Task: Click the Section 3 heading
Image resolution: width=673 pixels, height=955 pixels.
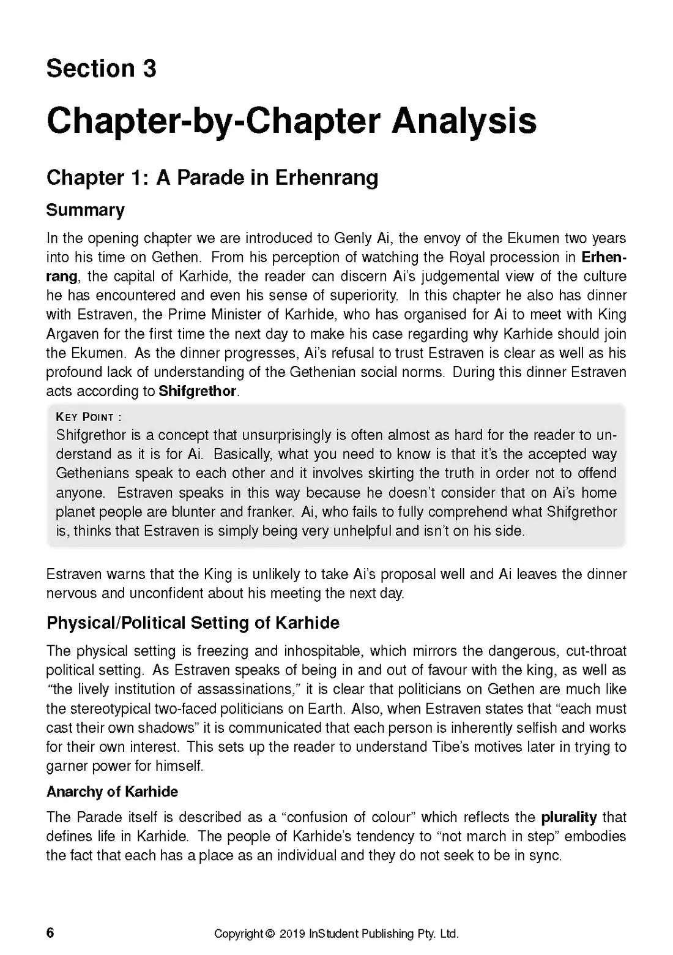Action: [101, 69]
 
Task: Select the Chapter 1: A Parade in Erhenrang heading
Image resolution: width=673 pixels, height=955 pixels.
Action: [212, 178]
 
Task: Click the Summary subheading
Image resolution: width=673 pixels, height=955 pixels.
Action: [85, 210]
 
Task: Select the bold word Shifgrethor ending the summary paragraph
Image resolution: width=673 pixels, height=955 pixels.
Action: [197, 391]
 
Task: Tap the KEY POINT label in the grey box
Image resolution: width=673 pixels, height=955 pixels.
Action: [88, 418]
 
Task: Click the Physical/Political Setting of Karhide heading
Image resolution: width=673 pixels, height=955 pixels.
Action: [193, 623]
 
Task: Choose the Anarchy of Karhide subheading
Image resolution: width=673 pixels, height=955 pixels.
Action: [112, 792]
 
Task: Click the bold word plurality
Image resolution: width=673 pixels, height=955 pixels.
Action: [568, 817]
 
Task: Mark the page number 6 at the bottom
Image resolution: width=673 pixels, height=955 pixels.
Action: [50, 932]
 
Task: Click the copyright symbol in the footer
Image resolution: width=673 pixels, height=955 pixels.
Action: [270, 934]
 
